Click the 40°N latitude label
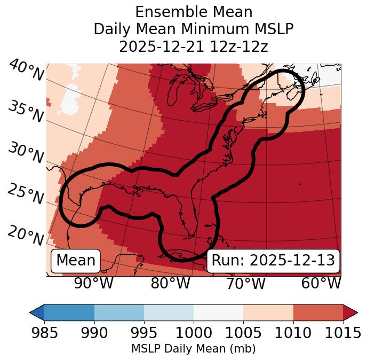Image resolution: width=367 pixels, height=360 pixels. pyautogui.click(x=26, y=71)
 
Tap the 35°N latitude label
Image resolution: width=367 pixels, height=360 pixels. pyautogui.click(x=26, y=112)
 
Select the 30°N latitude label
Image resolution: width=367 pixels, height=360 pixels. pyautogui.click(x=26, y=153)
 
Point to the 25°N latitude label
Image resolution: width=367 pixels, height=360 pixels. pyautogui.click(x=26, y=194)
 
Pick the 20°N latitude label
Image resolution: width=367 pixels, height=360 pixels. pyautogui.click(x=26, y=234)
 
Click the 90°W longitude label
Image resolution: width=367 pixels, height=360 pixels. pyautogui.click(x=93, y=283)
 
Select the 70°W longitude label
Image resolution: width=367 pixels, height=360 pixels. pyautogui.click(x=245, y=283)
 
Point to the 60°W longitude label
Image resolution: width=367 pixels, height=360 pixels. pyautogui.click(x=321, y=283)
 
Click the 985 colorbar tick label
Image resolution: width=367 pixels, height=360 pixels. pyautogui.click(x=44, y=333)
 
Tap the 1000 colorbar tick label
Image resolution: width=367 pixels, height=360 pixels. pyautogui.click(x=194, y=333)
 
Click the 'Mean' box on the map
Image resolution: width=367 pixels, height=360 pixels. pyautogui.click(x=76, y=261)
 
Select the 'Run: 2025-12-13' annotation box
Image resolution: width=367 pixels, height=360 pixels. pyautogui.click(x=273, y=261)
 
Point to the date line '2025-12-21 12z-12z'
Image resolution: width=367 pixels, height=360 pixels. pyautogui.click(x=194, y=46)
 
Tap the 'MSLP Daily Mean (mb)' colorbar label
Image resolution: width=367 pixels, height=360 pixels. pyautogui.click(x=194, y=349)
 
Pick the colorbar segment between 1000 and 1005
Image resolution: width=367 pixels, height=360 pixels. pyautogui.click(x=218, y=312)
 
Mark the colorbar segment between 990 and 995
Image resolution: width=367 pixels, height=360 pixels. pyautogui.click(x=119, y=312)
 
